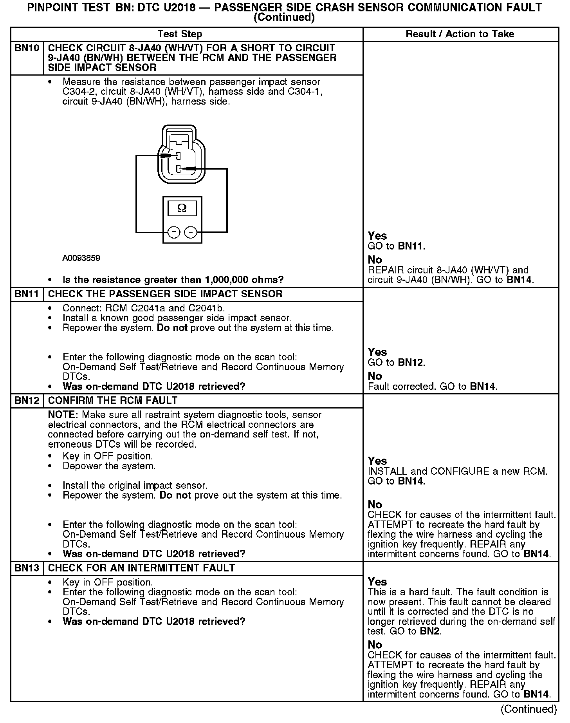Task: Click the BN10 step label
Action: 27,48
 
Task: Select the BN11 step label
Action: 27,294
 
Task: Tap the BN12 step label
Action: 27,401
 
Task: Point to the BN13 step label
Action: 27,568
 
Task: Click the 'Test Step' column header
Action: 180,34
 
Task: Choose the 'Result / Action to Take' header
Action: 460,34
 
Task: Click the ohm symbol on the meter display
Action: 182,208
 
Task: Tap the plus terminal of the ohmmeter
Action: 174,233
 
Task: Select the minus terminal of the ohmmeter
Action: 191,233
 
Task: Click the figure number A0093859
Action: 81,258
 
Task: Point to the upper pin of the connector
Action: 178,156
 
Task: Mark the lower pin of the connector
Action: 179,169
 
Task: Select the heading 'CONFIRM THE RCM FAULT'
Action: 113,401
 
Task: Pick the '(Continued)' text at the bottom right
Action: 529,709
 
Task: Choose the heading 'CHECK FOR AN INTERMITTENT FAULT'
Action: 141,568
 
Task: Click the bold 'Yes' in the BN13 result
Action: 377,582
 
